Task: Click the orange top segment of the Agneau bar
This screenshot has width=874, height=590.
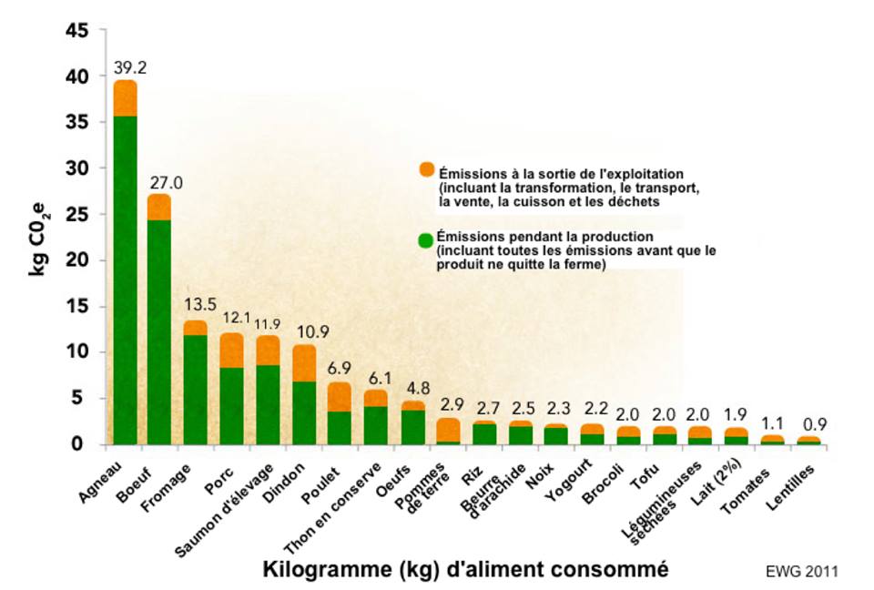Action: [x=125, y=98]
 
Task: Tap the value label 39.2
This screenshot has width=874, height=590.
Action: [x=129, y=66]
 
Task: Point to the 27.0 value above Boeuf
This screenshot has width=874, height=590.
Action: [x=166, y=183]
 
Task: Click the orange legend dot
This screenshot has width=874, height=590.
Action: [x=426, y=169]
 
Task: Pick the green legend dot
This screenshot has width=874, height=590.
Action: [x=424, y=240]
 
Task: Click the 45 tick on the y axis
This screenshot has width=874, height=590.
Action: [x=78, y=31]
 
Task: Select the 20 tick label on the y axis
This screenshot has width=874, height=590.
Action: [x=78, y=260]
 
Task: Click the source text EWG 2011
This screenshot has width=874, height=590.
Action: [x=801, y=571]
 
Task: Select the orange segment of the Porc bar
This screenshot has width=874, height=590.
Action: [x=232, y=351]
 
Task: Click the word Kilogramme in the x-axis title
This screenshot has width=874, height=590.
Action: [x=323, y=570]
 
